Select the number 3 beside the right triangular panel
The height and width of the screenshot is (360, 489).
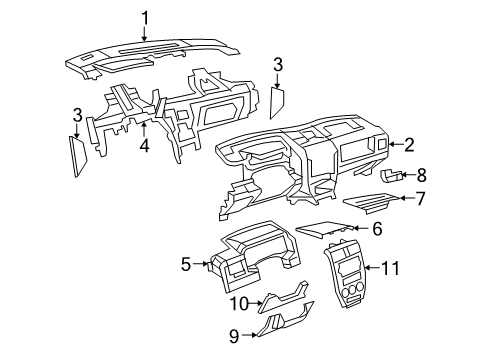277,64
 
